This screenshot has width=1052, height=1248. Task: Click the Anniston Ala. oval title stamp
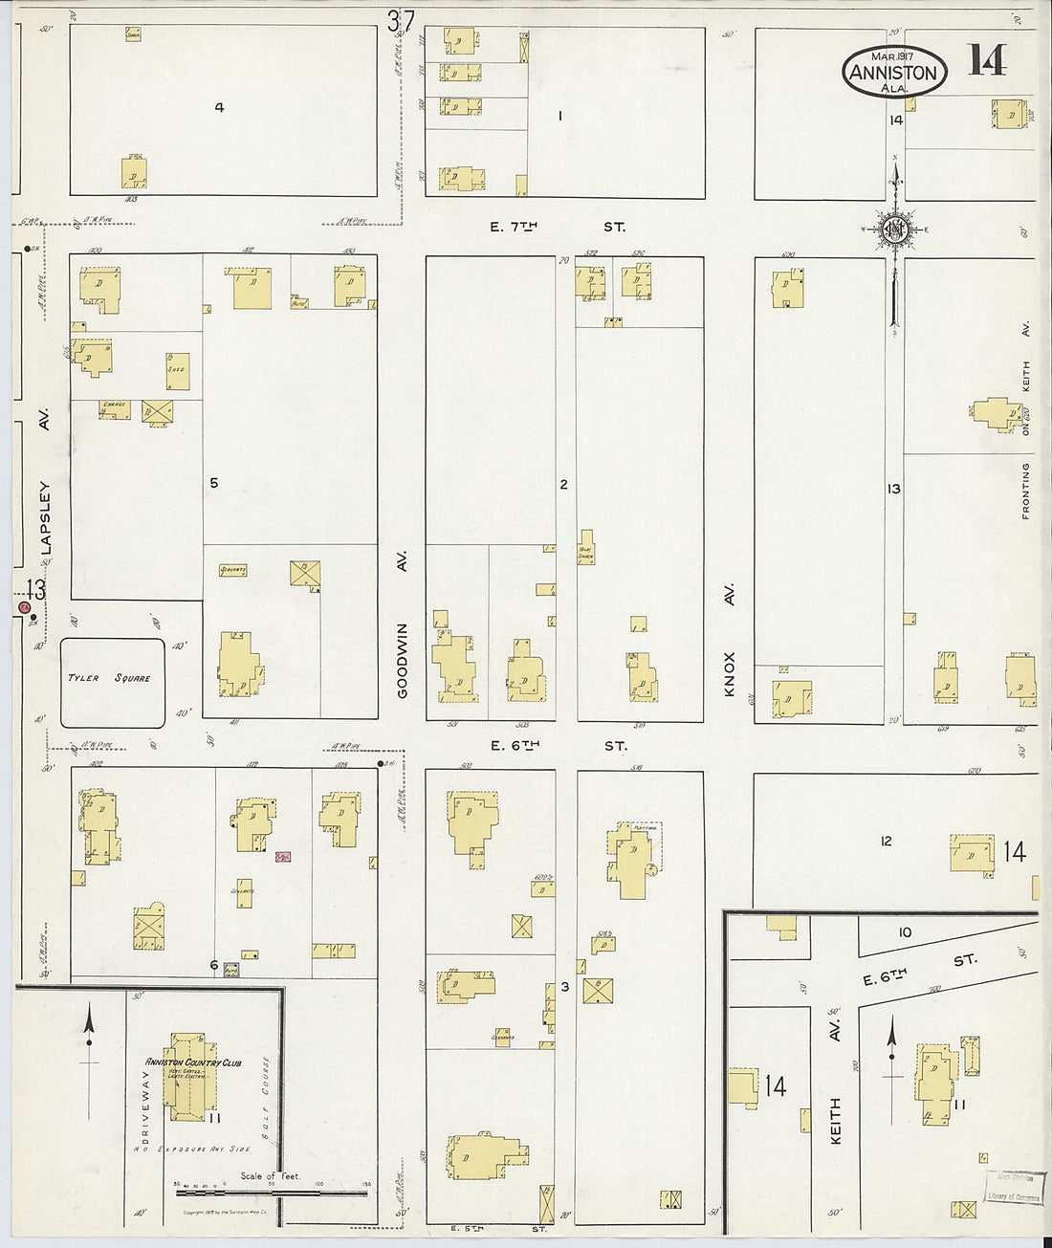895,72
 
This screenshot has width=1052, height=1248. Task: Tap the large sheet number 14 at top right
986,60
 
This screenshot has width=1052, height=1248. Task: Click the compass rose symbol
895,230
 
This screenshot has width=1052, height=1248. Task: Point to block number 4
219,107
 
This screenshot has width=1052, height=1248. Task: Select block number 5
213,483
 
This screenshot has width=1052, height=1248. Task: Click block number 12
886,841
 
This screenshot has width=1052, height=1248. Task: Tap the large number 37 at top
401,20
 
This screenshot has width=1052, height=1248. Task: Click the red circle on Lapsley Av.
25,607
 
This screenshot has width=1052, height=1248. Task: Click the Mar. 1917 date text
891,55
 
